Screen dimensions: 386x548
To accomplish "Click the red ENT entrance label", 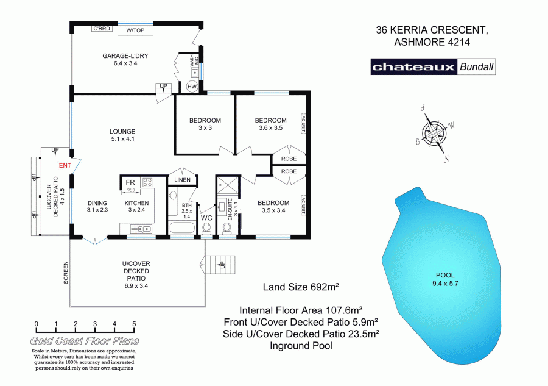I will (65, 165).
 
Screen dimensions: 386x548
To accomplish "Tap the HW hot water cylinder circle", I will (192, 87).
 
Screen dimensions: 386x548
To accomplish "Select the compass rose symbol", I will (435, 133).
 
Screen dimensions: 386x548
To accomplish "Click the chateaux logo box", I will (414, 67).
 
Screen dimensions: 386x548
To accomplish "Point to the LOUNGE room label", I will (122, 131).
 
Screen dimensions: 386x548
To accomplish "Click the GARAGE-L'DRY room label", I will (126, 55).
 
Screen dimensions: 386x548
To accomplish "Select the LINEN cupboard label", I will (182, 180).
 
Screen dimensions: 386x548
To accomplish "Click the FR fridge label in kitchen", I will (130, 182).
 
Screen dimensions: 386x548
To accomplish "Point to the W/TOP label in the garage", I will (135, 30).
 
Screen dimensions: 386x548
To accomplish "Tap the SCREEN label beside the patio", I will (66, 272).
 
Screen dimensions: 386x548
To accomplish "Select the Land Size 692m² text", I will (300, 287).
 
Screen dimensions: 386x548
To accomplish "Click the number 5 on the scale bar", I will (133, 324).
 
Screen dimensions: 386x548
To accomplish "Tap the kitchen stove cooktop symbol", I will (147, 182).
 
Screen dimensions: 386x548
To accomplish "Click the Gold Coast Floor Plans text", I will (85, 341).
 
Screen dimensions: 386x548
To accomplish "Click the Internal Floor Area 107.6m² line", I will (301, 309).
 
